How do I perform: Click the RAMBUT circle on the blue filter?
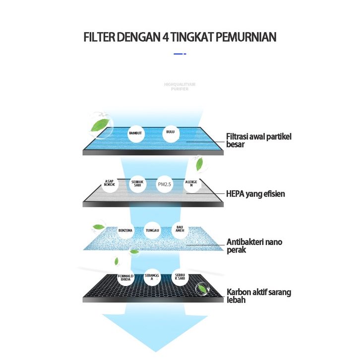pos(136,134)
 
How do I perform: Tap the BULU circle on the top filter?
pos(170,134)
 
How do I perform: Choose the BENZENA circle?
pos(124,231)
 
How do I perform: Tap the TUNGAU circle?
pos(152,231)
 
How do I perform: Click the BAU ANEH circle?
pos(180,230)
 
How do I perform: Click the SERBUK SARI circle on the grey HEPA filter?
pos(137,184)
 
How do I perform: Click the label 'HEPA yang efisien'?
pos(255,194)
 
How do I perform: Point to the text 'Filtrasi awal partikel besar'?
pos(258,140)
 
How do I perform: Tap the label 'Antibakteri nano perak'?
pos(254,246)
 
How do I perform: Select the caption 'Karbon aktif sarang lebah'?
pos(258,296)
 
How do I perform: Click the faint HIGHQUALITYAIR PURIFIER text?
pos(180,87)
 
